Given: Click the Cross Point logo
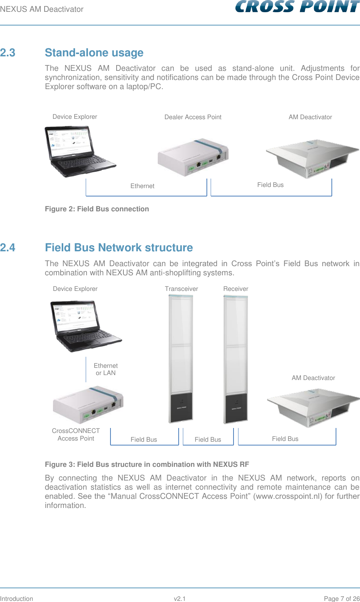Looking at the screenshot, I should (297, 6).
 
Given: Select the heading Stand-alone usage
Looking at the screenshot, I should (94, 53).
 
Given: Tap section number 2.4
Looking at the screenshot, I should (8, 248).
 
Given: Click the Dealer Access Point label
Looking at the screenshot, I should (193, 117).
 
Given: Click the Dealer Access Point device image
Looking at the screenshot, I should (193, 157).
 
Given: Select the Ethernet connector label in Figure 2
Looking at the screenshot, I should (142, 186).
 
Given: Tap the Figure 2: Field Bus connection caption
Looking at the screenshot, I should (97, 209).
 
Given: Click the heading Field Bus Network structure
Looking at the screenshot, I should (119, 248).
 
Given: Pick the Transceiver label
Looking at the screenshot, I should (181, 289).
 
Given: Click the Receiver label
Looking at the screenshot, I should (235, 289).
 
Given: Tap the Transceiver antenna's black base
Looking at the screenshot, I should (181, 407).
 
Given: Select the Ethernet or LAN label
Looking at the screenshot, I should (106, 369).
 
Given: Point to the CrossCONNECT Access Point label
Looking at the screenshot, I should (76, 434).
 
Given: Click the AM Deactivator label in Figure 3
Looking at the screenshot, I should (313, 378).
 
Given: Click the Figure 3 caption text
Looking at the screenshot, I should (147, 464).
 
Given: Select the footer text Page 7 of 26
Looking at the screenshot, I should (341, 599).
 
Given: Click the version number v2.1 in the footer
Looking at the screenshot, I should (179, 599).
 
